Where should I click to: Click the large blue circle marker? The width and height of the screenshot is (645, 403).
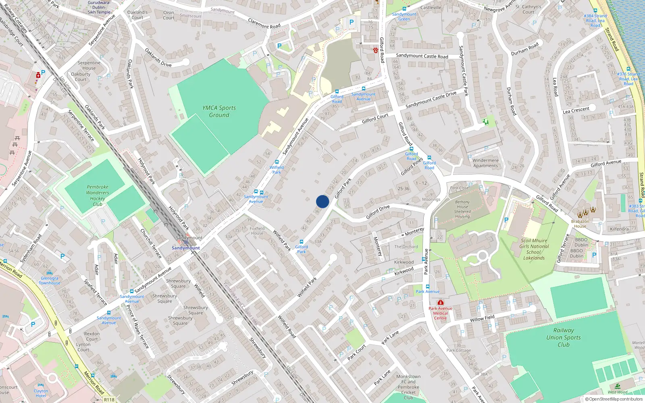point(322,201)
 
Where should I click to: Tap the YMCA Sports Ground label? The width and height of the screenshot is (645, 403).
point(219,112)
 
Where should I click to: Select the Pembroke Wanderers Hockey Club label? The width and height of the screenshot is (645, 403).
point(97,195)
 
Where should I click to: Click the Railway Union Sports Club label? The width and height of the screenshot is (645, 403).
point(564,337)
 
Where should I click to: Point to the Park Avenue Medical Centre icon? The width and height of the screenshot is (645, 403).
point(441,302)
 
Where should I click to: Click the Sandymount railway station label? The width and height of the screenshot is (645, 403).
point(186,248)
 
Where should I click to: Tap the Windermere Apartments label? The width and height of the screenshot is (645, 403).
point(485,163)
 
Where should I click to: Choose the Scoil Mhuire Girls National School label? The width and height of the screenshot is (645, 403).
point(534,249)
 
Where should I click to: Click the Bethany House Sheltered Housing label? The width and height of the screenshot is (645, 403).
point(462,209)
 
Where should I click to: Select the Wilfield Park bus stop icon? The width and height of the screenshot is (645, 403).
point(277,162)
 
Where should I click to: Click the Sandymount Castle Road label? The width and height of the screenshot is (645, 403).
point(422,56)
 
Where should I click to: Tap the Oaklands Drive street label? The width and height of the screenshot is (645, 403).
point(158,58)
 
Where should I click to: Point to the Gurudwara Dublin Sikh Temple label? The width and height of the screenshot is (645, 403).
point(99,7)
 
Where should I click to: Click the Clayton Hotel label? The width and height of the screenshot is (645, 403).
point(41,393)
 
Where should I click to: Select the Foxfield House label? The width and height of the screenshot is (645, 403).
point(257,231)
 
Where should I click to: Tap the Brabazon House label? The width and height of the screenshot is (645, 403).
point(580,224)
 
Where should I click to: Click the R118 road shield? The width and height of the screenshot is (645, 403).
point(109,399)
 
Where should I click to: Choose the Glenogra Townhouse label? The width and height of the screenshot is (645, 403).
point(50,280)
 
